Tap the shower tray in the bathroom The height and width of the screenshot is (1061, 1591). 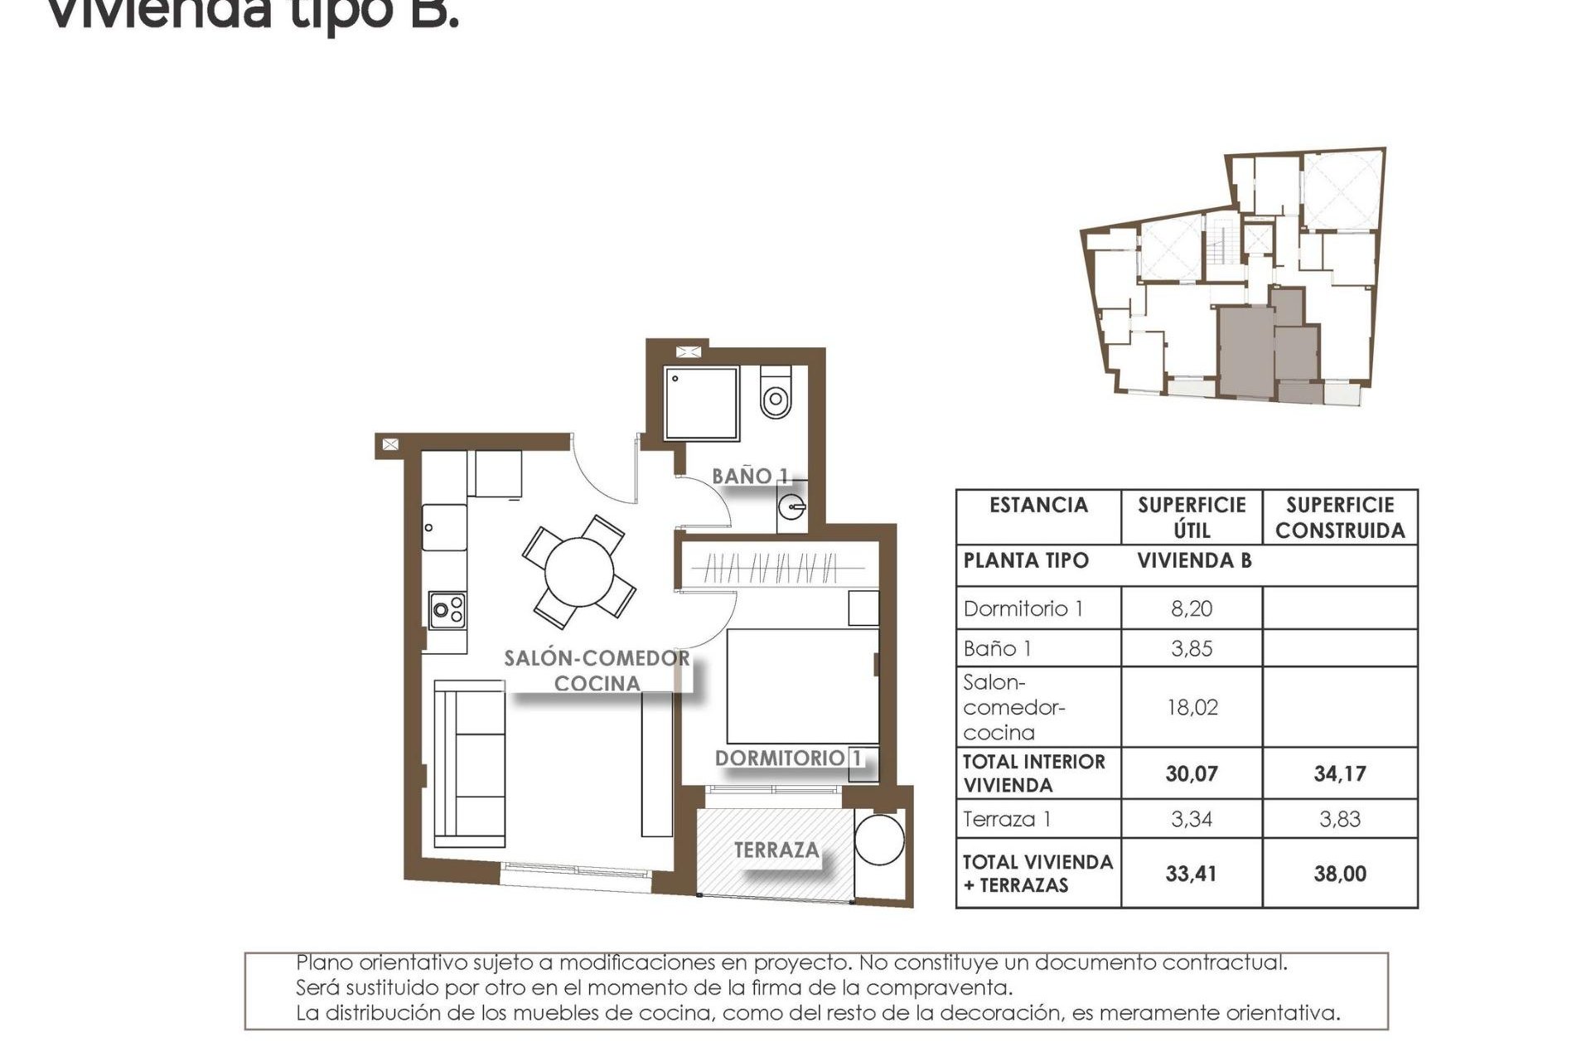[x=701, y=404]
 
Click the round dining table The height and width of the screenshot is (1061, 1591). [x=579, y=572]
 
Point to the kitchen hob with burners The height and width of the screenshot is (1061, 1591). [x=447, y=611]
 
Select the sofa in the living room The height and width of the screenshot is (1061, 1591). [x=470, y=763]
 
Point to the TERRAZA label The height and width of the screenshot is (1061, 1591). [x=776, y=850]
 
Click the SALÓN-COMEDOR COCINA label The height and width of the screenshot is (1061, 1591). [x=597, y=671]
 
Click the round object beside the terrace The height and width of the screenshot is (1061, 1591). [x=879, y=840]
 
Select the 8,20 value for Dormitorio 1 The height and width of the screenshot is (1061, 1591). [x=1191, y=609]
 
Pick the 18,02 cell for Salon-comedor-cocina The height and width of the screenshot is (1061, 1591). [x=1191, y=707]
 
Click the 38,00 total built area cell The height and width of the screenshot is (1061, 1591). [x=1339, y=874]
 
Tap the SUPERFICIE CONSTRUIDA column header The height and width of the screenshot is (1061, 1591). [x=1339, y=517]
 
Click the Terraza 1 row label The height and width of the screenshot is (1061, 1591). [x=1007, y=820]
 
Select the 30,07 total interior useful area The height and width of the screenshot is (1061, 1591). [x=1191, y=774]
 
